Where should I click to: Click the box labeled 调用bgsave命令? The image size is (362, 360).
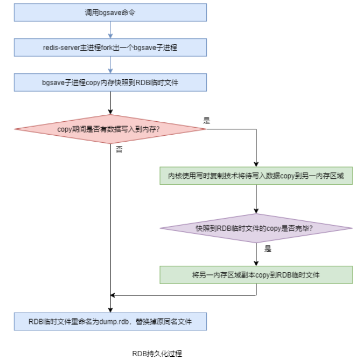[x=110, y=12]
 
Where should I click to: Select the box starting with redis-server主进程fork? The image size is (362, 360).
[x=110, y=47]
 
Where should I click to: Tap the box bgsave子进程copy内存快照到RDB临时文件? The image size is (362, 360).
[x=110, y=82]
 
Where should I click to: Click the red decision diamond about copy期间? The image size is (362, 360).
[x=110, y=129]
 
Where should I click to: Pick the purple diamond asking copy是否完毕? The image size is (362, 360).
[x=256, y=228]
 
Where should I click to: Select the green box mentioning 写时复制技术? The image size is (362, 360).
[x=256, y=176]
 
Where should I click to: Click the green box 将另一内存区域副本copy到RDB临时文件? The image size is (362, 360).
[x=256, y=275]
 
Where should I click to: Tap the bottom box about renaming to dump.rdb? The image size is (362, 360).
[x=110, y=322]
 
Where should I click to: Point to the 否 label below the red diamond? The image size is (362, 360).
[x=119, y=150]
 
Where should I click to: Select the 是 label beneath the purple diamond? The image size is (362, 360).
[x=268, y=249]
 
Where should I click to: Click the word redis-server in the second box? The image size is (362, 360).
[x=62, y=47]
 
